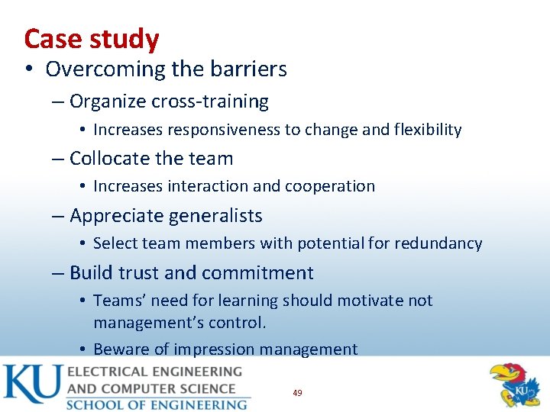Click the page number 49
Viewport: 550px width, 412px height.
(297, 393)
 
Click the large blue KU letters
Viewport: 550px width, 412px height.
(32, 385)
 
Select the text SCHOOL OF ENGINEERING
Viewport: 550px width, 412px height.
(157, 404)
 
